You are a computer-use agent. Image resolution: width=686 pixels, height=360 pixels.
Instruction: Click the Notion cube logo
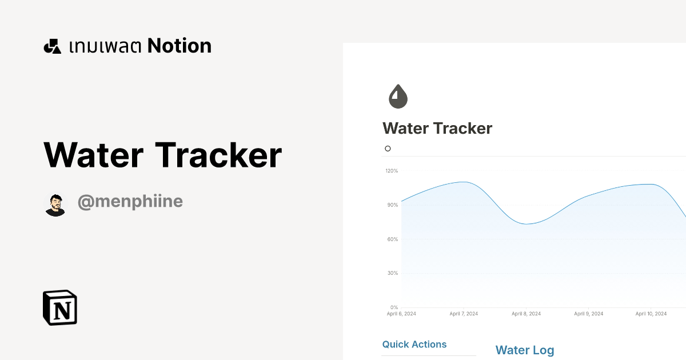(60, 307)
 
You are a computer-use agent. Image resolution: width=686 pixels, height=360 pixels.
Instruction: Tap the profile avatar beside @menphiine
(55, 205)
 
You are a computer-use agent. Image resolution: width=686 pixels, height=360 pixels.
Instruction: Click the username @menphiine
(130, 202)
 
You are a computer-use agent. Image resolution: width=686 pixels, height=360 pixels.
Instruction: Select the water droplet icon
(398, 97)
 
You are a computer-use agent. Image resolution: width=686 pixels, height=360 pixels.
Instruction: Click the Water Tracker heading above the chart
(437, 129)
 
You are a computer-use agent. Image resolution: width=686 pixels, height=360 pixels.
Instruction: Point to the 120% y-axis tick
(392, 171)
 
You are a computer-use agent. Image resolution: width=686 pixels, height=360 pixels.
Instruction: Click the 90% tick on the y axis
(392, 205)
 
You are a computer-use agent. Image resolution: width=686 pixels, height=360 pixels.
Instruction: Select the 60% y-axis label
(392, 239)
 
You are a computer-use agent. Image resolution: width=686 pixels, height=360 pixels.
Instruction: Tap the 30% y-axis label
(392, 273)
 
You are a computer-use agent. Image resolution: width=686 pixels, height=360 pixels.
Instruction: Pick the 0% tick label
(393, 307)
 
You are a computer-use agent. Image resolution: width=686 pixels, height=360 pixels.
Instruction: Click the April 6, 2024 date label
(401, 314)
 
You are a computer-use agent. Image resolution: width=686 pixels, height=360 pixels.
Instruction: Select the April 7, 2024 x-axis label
(464, 314)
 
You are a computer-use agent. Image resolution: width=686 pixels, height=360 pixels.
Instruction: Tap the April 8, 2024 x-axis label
(527, 314)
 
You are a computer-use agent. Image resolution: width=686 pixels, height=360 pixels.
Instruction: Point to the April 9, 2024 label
(589, 314)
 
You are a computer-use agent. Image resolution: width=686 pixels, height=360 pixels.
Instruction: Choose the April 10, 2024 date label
(651, 314)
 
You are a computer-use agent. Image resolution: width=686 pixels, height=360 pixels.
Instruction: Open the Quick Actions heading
(414, 345)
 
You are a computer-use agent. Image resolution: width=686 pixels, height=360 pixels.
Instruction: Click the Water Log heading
(525, 350)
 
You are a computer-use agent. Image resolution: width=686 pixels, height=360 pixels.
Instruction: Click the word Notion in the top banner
(180, 46)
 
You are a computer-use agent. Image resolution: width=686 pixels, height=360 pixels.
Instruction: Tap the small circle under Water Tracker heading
(388, 149)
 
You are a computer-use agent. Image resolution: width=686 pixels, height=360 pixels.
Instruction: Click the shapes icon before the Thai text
(52, 46)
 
